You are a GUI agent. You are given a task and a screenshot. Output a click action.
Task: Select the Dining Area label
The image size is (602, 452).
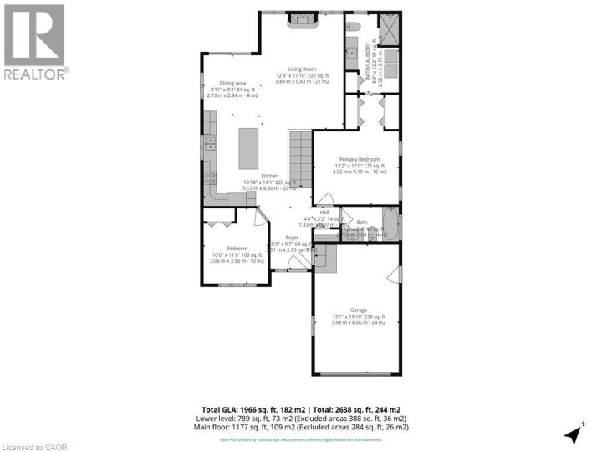coord(232,83)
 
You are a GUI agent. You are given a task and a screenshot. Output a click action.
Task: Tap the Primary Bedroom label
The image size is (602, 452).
coord(359,159)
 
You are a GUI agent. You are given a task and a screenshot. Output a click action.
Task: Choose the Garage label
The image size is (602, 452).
coord(359,310)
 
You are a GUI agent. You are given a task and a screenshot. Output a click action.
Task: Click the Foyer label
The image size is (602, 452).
coord(292,238)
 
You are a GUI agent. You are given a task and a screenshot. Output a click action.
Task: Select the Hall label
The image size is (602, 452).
coord(324,213)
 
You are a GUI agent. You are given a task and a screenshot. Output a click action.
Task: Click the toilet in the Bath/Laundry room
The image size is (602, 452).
coord(353,28)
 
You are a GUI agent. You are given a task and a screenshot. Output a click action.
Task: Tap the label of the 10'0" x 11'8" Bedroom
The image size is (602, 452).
coord(236,249)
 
